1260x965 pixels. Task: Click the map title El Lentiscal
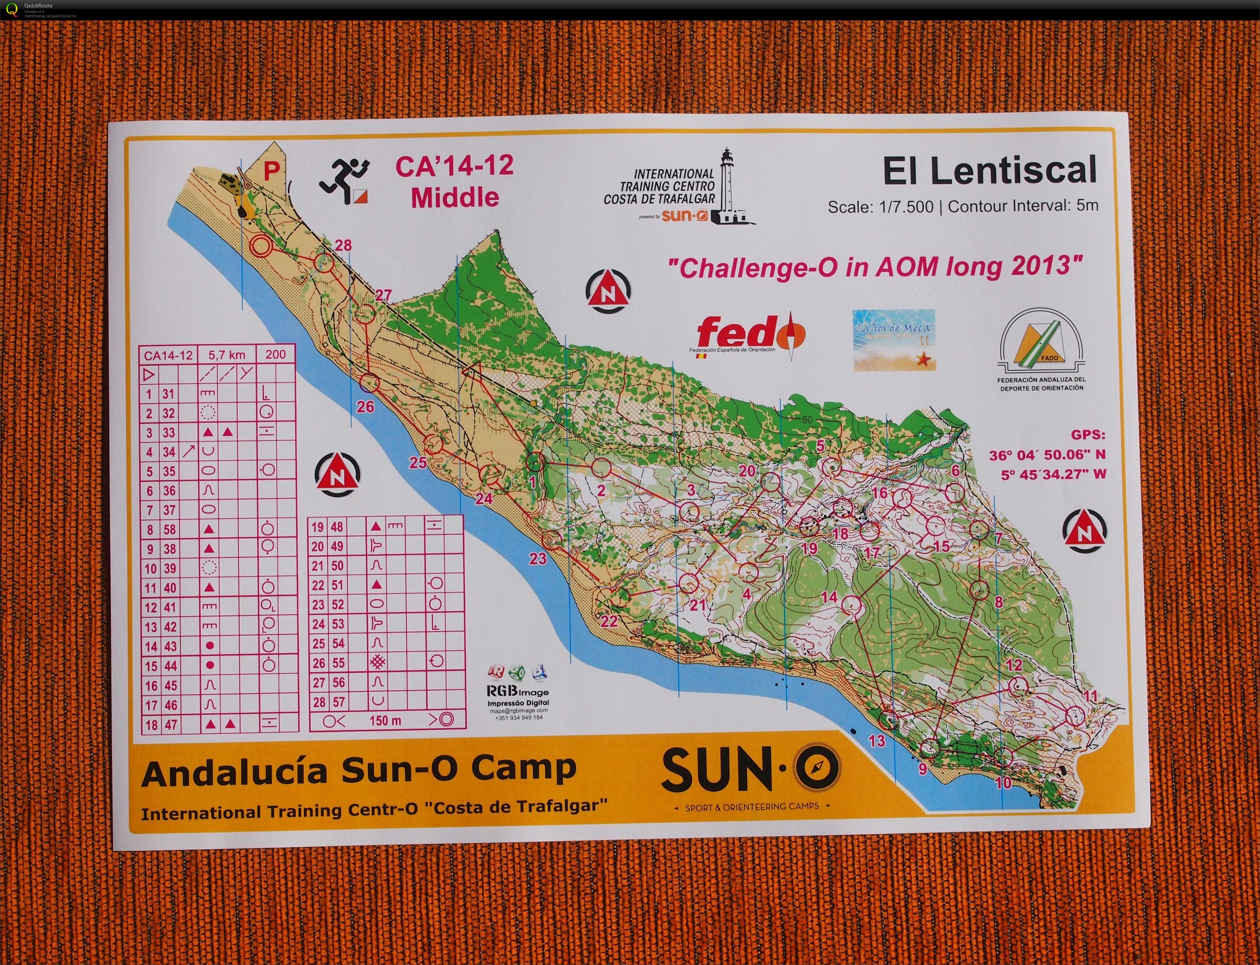pyautogui.click(x=990, y=170)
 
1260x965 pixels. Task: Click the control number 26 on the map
pyautogui.click(x=365, y=407)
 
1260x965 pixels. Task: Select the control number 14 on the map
pyautogui.click(x=829, y=597)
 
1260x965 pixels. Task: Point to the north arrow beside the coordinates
pyautogui.click(x=1084, y=531)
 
